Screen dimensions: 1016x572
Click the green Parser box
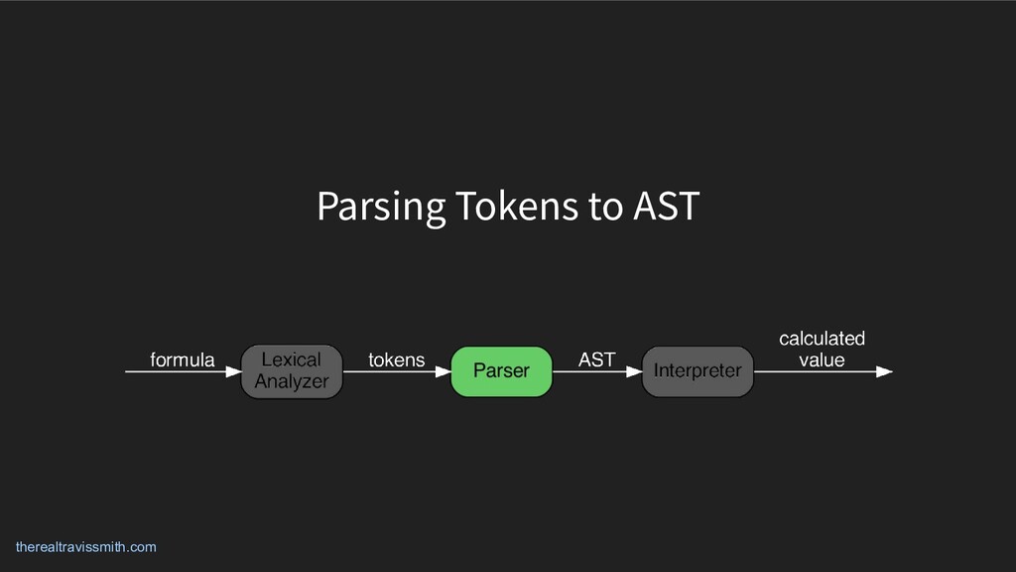tap(501, 371)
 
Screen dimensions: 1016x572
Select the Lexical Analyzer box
tap(292, 371)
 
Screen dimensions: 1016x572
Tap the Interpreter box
tap(698, 371)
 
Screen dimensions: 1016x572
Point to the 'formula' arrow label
tap(182, 359)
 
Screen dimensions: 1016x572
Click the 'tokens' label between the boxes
tap(396, 359)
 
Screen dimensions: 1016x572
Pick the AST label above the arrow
tap(596, 359)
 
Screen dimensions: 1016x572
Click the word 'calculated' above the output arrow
tap(822, 339)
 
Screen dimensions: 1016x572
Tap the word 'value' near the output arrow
tap(822, 359)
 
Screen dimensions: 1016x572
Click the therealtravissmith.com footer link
tap(85, 547)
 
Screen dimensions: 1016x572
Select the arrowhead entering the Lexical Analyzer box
tap(233, 372)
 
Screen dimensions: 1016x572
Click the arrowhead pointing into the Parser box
tap(444, 372)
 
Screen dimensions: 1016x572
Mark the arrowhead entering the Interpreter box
tap(635, 372)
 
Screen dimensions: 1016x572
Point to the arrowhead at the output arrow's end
tap(885, 372)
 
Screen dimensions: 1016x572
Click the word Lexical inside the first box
tap(291, 359)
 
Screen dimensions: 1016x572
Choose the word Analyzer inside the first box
tap(292, 381)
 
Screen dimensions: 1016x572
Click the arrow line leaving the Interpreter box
tap(814, 372)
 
